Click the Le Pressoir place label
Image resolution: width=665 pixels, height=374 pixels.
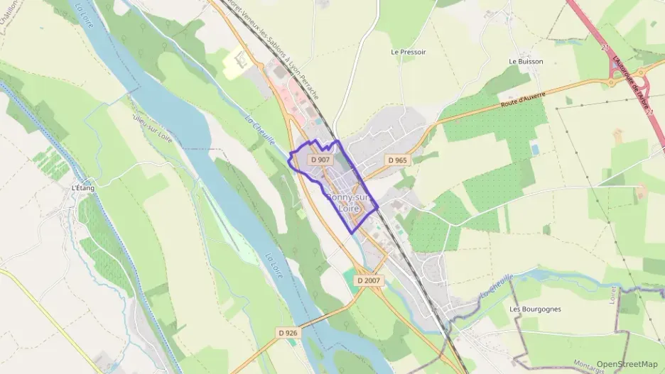409,53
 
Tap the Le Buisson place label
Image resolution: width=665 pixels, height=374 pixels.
526,62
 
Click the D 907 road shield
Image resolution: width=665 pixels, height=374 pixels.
320,160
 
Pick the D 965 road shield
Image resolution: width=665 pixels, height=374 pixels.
398,160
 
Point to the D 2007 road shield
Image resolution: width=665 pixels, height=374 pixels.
369,281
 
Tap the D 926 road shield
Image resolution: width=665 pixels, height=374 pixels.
288,332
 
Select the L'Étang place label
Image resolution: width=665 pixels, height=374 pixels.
82,188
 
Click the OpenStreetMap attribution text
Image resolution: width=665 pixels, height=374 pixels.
627,364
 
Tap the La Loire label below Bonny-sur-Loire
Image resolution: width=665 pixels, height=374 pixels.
274,265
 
